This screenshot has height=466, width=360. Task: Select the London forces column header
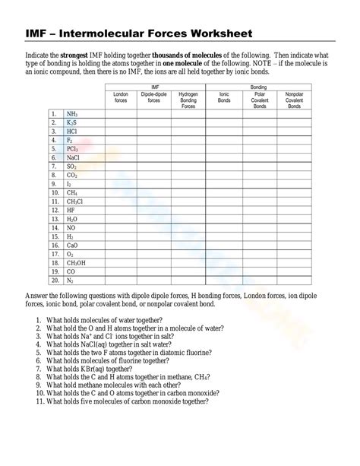click(120, 100)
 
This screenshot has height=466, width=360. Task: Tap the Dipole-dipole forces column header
click(154, 100)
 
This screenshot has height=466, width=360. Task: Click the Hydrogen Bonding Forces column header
click(189, 101)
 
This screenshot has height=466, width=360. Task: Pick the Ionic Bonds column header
click(223, 100)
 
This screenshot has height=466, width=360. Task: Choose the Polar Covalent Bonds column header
click(259, 101)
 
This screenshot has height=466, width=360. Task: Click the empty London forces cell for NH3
click(120, 113)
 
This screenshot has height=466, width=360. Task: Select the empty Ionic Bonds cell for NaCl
click(223, 157)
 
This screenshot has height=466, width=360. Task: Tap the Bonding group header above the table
click(259, 88)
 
